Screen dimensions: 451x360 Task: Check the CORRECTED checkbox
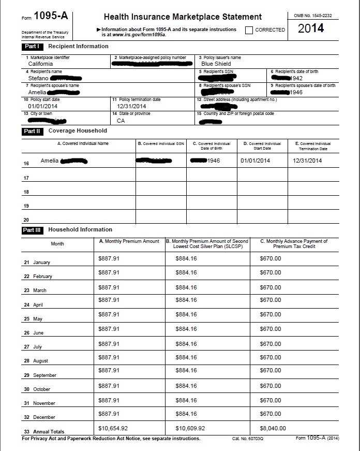click(249, 30)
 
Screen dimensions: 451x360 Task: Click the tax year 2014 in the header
click(311, 28)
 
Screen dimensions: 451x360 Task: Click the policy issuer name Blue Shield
click(216, 64)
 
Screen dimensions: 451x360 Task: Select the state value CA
click(121, 121)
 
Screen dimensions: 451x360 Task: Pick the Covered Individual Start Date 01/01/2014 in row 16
click(255, 161)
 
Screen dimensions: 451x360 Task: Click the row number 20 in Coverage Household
click(26, 220)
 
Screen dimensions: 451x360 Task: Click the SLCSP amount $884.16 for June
click(186, 329)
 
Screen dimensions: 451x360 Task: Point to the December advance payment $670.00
click(271, 414)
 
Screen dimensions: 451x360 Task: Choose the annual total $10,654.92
click(113, 429)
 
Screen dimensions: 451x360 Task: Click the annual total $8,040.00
click(273, 429)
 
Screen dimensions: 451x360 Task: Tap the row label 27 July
click(33, 347)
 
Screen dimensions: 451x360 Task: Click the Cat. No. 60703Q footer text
click(248, 439)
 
